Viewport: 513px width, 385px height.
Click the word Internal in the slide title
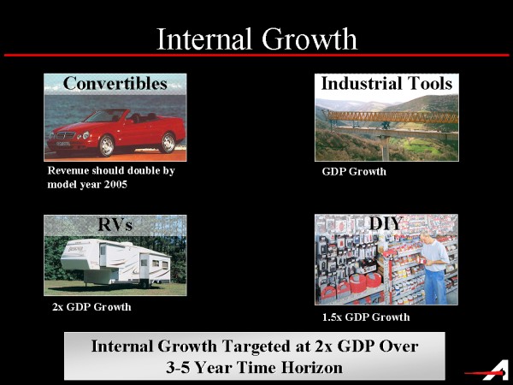pyautogui.click(x=204, y=39)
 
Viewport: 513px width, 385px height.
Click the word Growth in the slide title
pyautogui.click(x=310, y=39)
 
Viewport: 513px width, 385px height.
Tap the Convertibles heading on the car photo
pyautogui.click(x=115, y=83)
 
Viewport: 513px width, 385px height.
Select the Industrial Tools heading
pyautogui.click(x=386, y=83)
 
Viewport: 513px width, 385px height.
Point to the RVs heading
pyautogui.click(x=115, y=224)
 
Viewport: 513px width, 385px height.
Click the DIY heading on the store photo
pyautogui.click(x=386, y=224)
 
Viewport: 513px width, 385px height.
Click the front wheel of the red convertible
pyautogui.click(x=106, y=145)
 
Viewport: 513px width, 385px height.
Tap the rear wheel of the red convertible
pyautogui.click(x=168, y=142)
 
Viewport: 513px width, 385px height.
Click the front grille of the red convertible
pyautogui.click(x=66, y=135)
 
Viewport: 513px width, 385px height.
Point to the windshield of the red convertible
pyautogui.click(x=100, y=116)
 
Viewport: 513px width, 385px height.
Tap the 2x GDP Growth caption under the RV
pyautogui.click(x=91, y=307)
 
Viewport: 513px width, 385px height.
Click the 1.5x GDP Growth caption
pyautogui.click(x=366, y=317)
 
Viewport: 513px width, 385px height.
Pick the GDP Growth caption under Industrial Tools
pyautogui.click(x=354, y=172)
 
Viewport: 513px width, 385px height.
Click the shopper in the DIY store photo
pyautogui.click(x=433, y=268)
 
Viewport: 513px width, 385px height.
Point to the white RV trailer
pyautogui.click(x=115, y=262)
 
